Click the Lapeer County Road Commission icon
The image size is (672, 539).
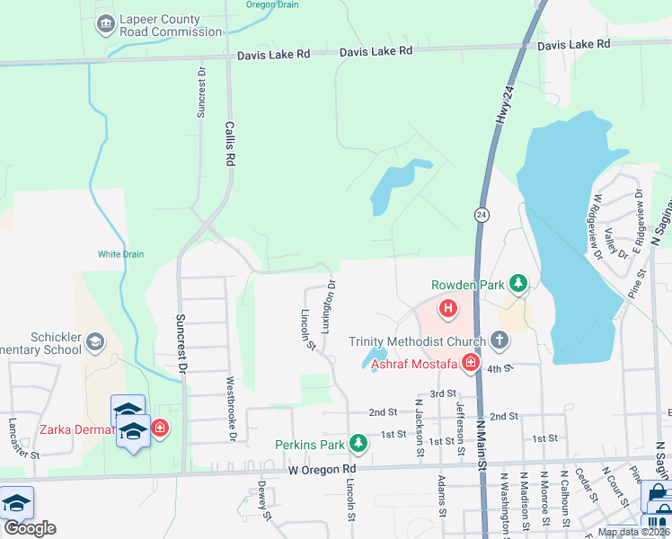(105, 22)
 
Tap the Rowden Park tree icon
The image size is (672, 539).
(518, 285)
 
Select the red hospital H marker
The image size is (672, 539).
(448, 310)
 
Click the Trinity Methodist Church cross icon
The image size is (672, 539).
(500, 341)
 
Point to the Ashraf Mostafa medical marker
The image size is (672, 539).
(469, 363)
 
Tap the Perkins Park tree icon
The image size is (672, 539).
(358, 444)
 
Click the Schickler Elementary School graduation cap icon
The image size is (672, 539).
(94, 341)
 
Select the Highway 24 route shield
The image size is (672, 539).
(482, 215)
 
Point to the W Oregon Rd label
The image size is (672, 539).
(322, 470)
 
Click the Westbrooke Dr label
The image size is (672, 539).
(231, 420)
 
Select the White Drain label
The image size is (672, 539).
(120, 254)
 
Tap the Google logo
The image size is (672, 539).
(30, 527)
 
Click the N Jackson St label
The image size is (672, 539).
(419, 428)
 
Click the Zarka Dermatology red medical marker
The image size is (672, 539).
(160, 428)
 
